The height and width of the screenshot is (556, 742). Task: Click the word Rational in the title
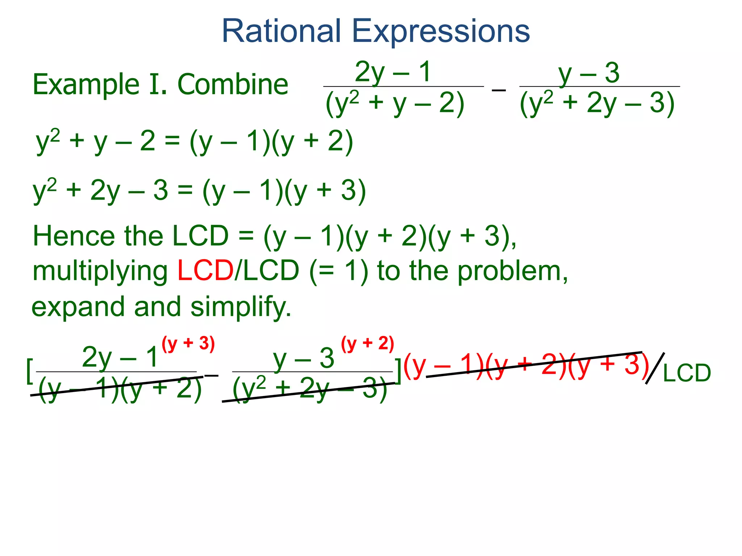[281, 31]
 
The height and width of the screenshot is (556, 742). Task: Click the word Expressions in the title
[441, 32]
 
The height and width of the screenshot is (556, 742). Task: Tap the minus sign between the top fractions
[499, 89]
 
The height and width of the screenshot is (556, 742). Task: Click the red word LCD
[205, 270]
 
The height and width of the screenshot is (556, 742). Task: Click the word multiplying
[100, 271]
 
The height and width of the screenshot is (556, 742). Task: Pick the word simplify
[241, 307]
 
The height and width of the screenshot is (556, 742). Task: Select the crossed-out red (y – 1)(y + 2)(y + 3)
[526, 366]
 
